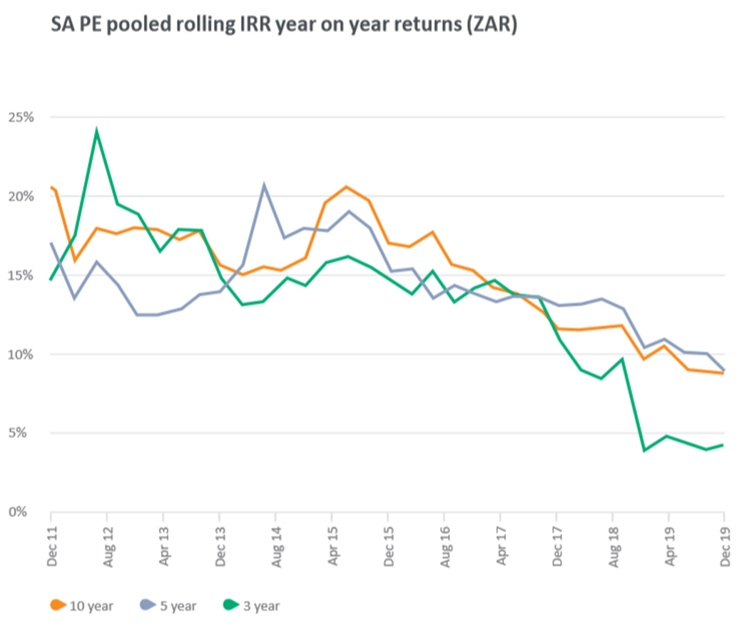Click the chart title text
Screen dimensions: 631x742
[x=283, y=26]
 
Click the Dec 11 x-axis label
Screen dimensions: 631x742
[x=51, y=545]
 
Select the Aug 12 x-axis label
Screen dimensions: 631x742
[x=108, y=545]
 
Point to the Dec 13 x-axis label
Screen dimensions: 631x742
[x=220, y=545]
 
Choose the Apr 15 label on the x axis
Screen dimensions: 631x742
[x=332, y=545]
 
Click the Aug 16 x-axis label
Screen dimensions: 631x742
[x=444, y=545]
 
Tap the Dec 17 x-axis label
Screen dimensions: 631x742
[x=556, y=545]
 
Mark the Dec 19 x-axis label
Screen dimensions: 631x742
[x=725, y=545]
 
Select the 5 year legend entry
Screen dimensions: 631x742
[x=167, y=606]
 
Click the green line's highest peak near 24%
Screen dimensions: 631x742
[x=96, y=131]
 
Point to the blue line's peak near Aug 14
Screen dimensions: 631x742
[x=264, y=186]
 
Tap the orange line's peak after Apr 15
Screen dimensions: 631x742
[x=347, y=187]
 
